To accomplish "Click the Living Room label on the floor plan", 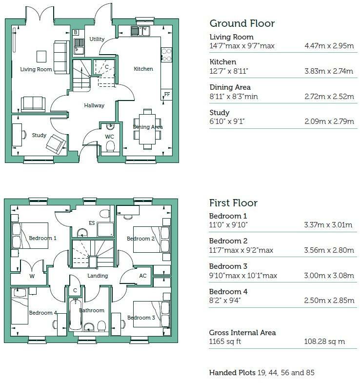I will [36, 69].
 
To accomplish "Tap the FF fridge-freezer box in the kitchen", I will [167, 95].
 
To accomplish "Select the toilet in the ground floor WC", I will [110, 146].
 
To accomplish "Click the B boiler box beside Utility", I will [76, 32].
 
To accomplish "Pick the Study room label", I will [39, 135].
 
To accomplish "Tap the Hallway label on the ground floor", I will [94, 105].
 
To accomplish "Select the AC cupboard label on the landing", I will [143, 276].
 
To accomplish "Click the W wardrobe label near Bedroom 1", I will [32, 276].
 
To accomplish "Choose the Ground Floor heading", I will [242, 23].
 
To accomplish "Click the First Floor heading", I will [233, 203].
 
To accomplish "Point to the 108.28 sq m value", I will [324, 342].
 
